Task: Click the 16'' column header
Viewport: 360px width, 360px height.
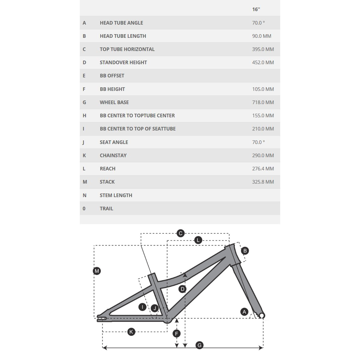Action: (x=256, y=9)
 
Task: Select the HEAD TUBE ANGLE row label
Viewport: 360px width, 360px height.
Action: (x=121, y=23)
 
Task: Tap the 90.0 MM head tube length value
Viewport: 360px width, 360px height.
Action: (x=262, y=36)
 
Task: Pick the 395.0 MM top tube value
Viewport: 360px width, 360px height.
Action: (x=263, y=49)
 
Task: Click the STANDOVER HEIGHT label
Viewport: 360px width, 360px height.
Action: (x=123, y=62)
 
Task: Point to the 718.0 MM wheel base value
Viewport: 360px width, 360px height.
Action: (x=263, y=102)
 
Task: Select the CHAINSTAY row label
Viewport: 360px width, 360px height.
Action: (x=113, y=155)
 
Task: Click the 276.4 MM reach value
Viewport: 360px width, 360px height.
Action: (x=263, y=169)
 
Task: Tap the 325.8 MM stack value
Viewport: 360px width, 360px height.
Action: (x=263, y=182)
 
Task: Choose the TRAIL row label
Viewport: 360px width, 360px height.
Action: (x=106, y=208)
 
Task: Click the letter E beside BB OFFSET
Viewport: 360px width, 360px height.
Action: (x=84, y=76)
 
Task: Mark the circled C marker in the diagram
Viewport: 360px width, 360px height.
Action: (x=181, y=233)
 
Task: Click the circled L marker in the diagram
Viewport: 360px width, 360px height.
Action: (x=198, y=240)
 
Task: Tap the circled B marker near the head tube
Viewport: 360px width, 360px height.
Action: (x=245, y=251)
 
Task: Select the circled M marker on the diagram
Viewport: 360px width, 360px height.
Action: (x=97, y=271)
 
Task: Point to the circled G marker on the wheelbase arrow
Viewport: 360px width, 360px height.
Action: (x=199, y=345)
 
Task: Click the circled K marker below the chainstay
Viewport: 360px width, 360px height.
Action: (x=131, y=332)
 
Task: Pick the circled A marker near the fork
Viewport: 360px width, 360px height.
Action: (x=244, y=312)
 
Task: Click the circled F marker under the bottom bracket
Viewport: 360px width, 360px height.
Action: (x=177, y=334)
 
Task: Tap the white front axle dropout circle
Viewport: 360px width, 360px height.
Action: (x=262, y=316)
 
